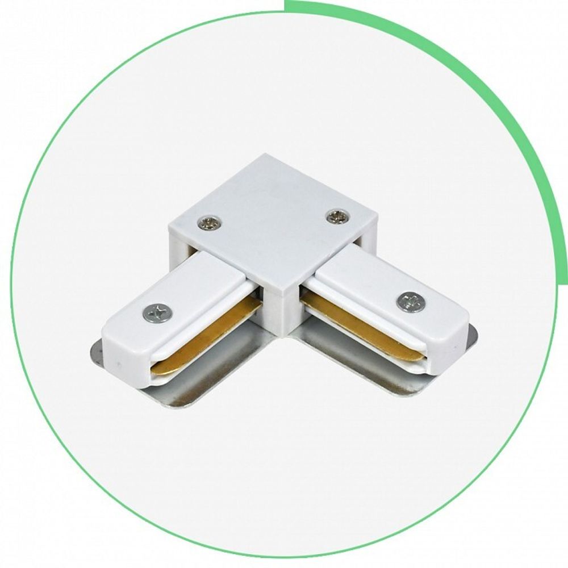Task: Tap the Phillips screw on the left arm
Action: pyautogui.click(x=158, y=312)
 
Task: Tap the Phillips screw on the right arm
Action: pyautogui.click(x=411, y=301)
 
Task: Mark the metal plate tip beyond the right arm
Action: pyautogui.click(x=472, y=335)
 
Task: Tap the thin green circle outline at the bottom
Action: pyautogui.click(x=284, y=556)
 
